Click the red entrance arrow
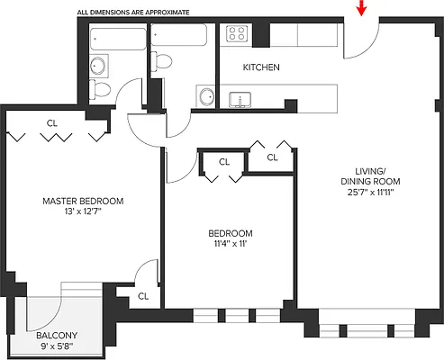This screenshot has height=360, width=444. tap(362, 8)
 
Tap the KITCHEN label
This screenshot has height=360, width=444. tap(261, 67)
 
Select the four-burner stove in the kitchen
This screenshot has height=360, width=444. tap(237, 33)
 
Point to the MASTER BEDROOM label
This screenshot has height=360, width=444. tap(82, 201)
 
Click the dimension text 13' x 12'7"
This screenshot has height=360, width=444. tap(82, 212)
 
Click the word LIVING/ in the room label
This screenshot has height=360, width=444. tap(370, 170)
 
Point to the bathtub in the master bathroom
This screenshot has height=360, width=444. tap(118, 40)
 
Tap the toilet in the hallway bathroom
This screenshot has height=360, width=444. tap(163, 59)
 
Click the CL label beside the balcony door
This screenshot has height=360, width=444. tap(144, 295)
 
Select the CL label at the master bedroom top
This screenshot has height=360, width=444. tap(53, 123)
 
